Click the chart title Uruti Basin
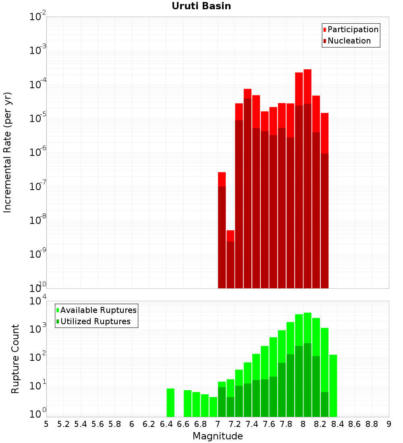[x=201, y=6]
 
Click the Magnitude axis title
[x=218, y=436]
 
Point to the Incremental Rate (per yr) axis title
[x=7, y=152]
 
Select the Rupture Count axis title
[x=15, y=358]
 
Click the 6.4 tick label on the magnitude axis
[x=166, y=424]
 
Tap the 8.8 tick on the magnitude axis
[x=372, y=424]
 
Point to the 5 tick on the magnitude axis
[x=46, y=424]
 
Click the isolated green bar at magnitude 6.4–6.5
[x=170, y=403]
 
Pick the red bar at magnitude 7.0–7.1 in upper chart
[x=222, y=230]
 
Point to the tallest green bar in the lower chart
[x=307, y=362]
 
